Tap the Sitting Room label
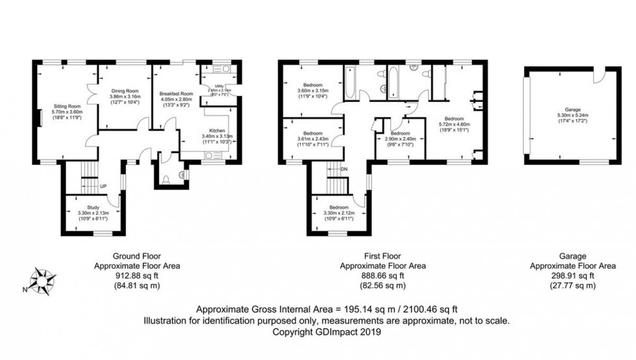tap(65, 106)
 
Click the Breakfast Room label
tap(176, 94)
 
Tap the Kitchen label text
tap(217, 130)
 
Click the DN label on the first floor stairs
tap(345, 169)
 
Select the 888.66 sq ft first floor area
tap(383, 276)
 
